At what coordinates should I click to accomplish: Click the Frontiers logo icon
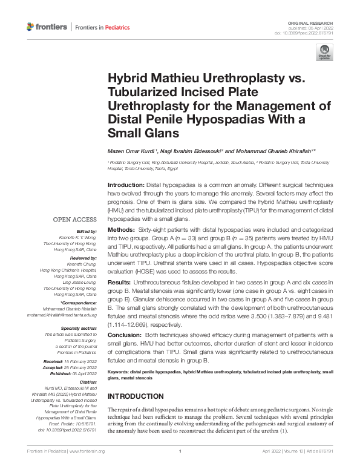(x=31, y=27)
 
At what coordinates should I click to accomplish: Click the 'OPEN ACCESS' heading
(x=74, y=220)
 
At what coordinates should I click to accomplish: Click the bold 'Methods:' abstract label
(x=119, y=231)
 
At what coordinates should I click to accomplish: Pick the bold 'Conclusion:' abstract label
(x=123, y=334)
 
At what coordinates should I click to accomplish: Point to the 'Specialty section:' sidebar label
(x=79, y=327)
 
